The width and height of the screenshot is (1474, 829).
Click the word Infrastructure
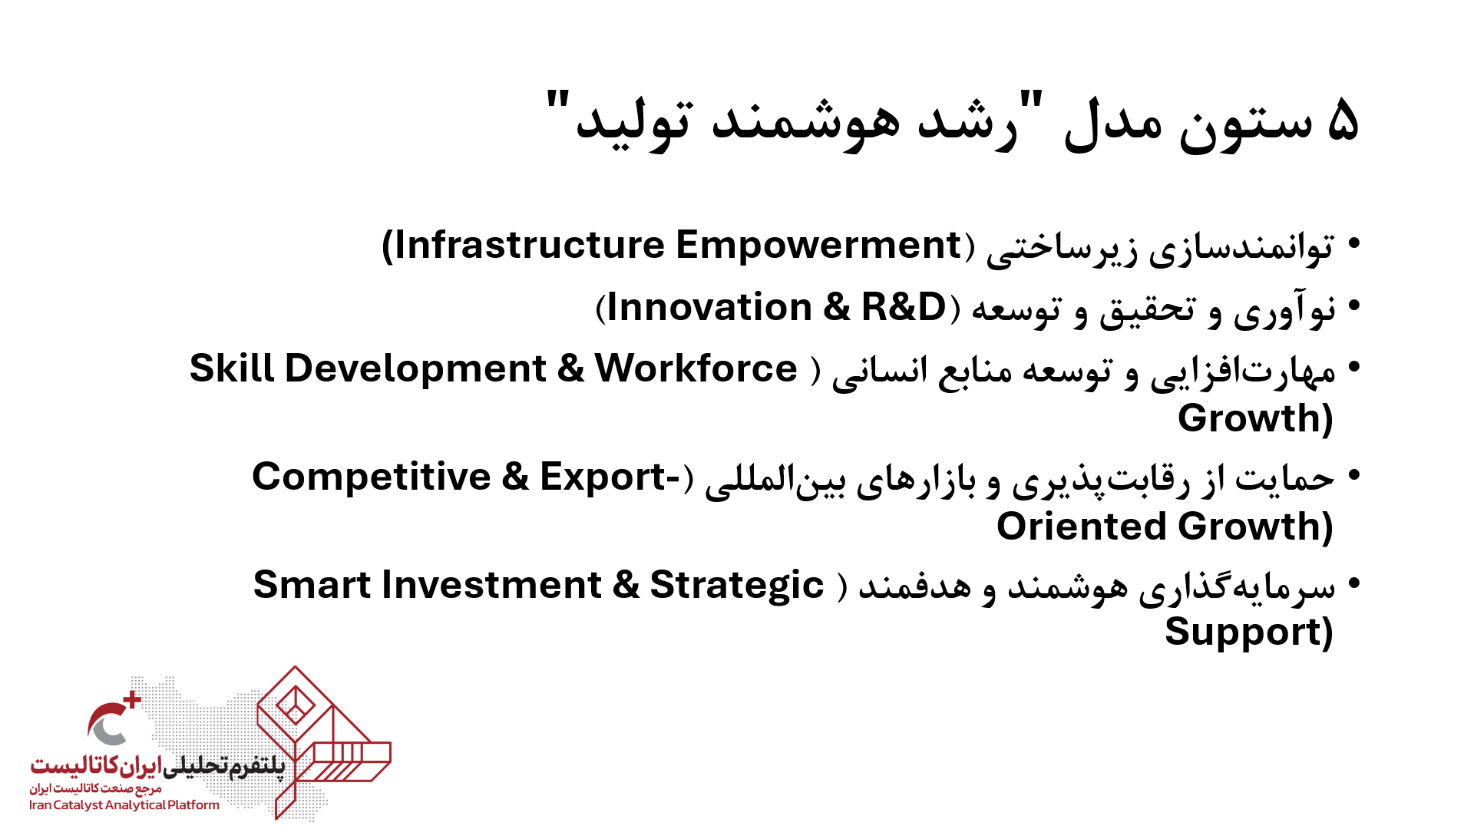(530, 246)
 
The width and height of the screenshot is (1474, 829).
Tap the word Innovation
(709, 307)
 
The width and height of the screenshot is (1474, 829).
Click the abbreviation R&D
(904, 307)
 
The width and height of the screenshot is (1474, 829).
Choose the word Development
(415, 370)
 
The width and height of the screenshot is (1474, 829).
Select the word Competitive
(372, 477)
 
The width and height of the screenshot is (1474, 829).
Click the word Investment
(492, 585)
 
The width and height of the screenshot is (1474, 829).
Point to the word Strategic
(737, 586)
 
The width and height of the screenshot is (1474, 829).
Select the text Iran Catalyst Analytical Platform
(124, 805)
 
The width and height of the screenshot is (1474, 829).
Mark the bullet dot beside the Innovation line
(1354, 307)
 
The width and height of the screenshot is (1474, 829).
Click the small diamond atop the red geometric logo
(295, 705)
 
